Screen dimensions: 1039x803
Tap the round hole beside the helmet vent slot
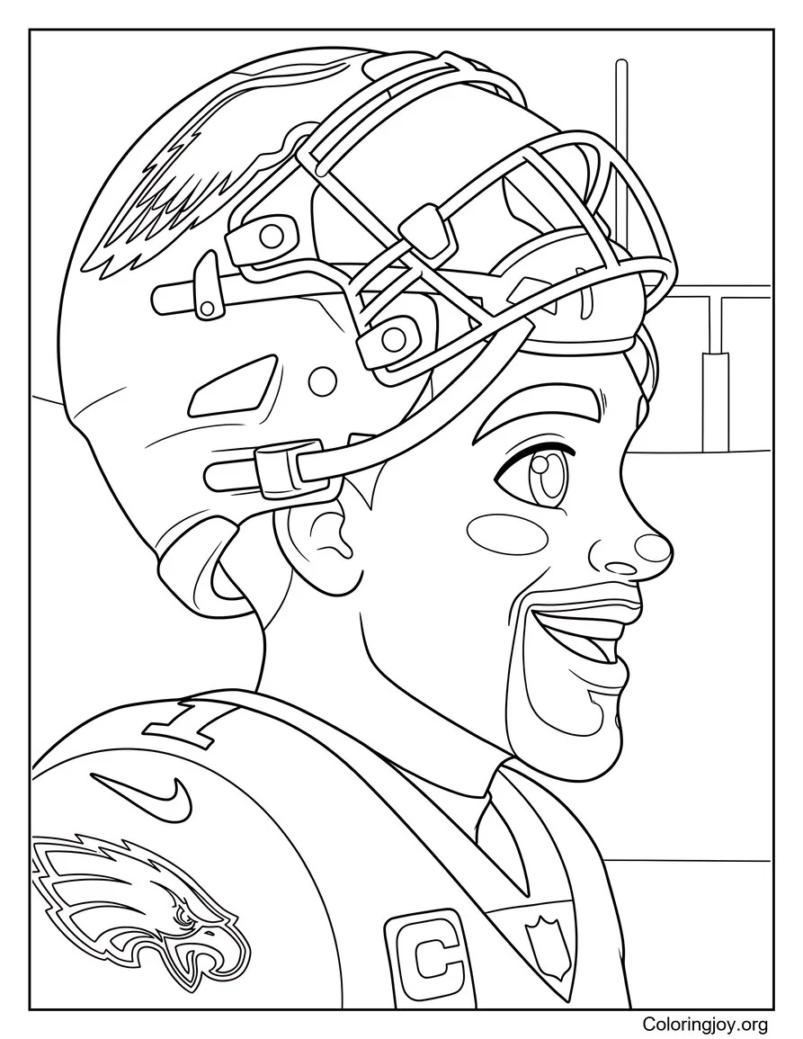317,381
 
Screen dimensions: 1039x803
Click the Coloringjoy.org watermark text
705,1023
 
